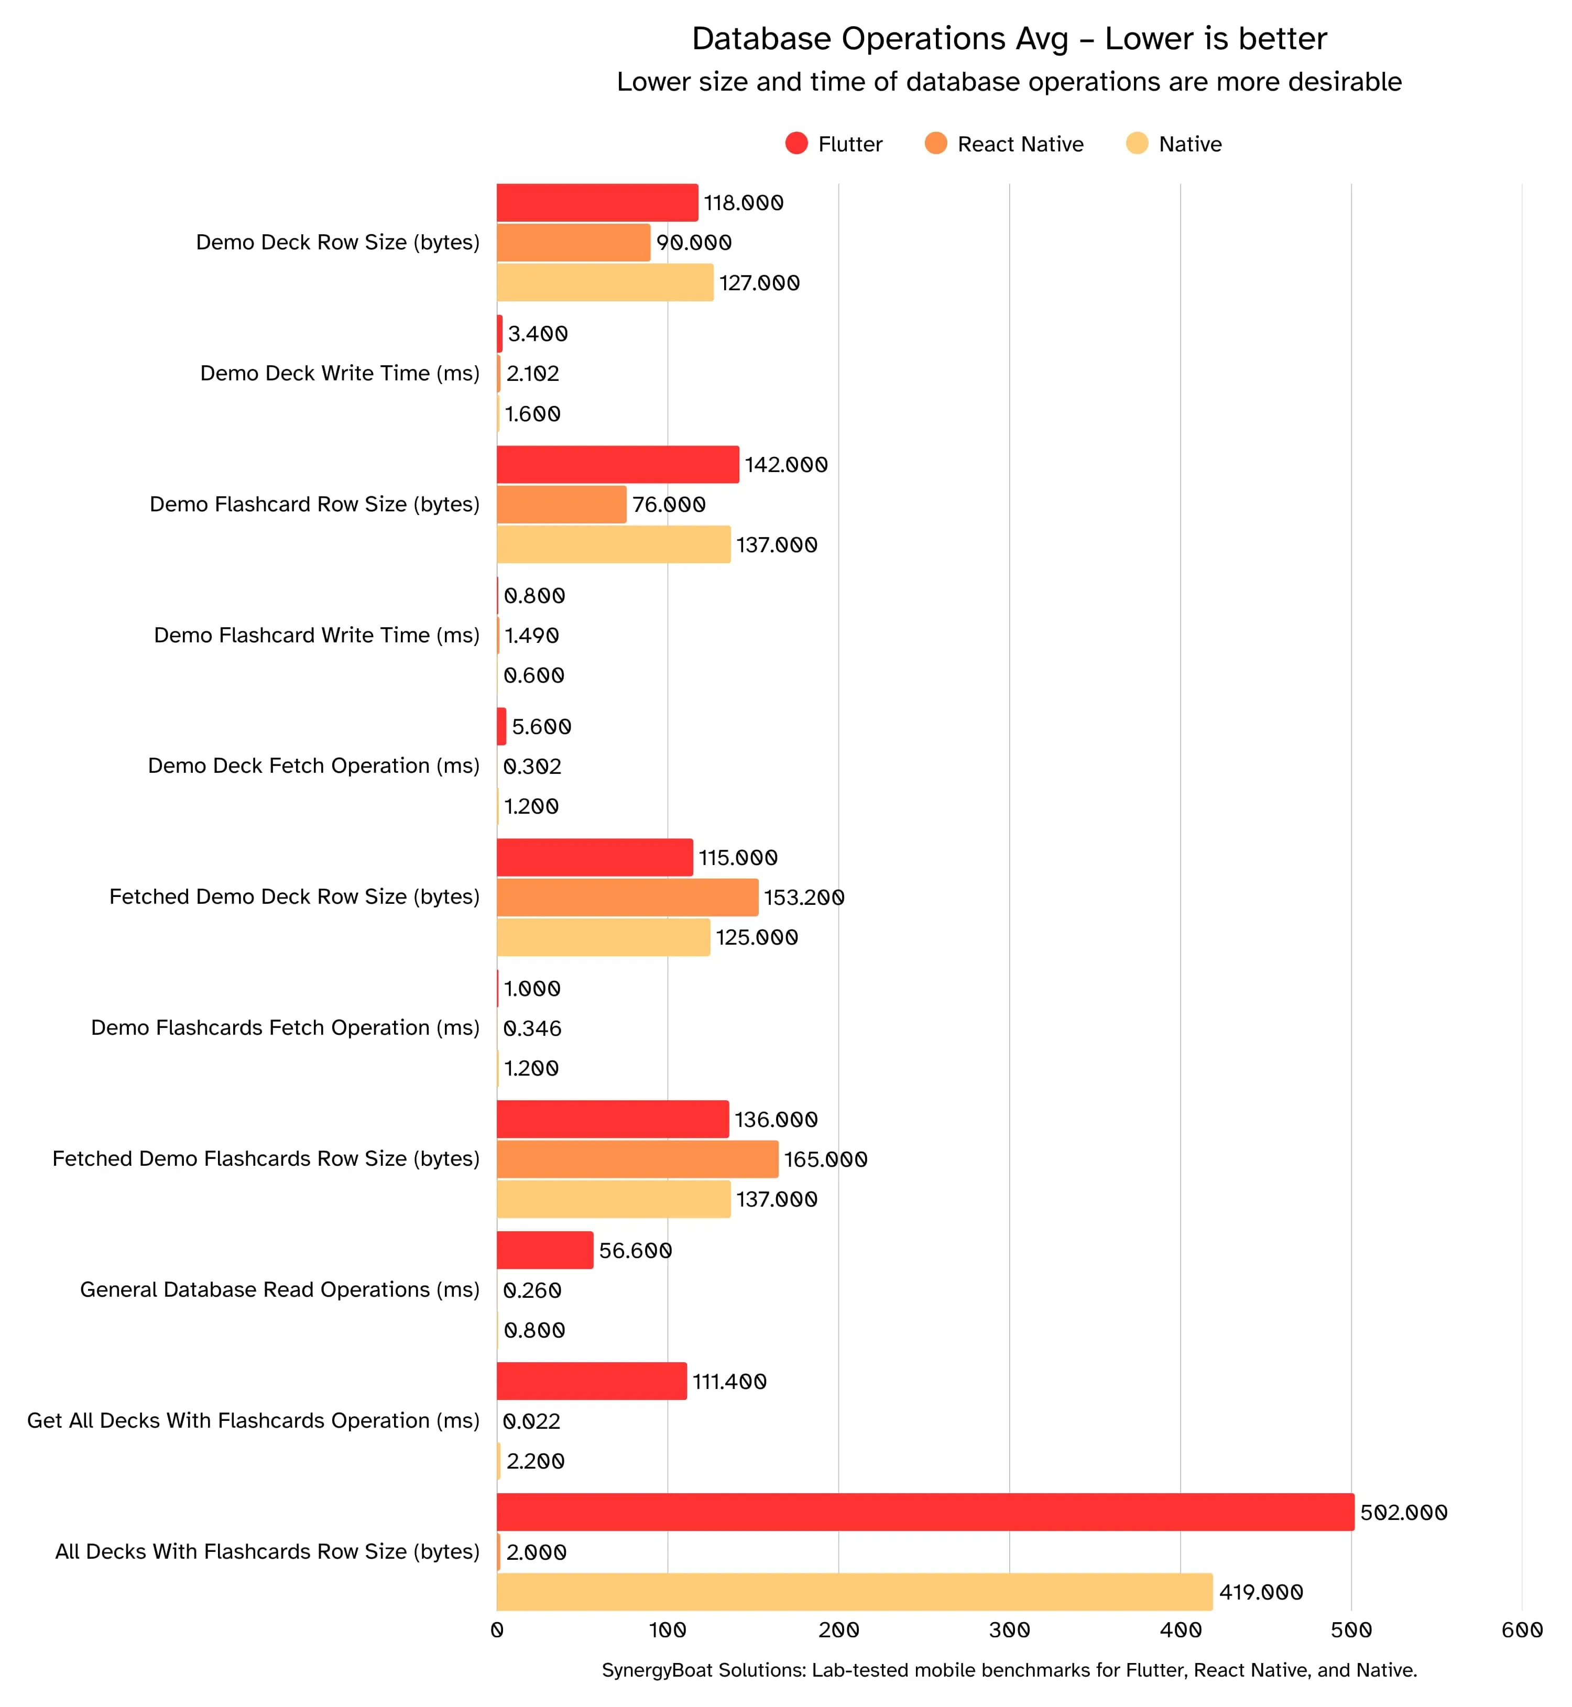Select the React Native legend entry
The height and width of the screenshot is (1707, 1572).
[1004, 144]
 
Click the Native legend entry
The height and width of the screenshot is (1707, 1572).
[1174, 144]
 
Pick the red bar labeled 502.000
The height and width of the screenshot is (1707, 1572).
[925, 1512]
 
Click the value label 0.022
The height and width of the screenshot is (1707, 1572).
[532, 1421]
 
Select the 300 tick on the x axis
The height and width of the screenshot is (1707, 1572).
[1010, 1631]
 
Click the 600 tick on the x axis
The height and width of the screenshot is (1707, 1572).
[1522, 1631]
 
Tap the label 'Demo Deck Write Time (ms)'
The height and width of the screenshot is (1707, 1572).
[340, 374]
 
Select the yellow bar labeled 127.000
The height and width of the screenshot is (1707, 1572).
[605, 282]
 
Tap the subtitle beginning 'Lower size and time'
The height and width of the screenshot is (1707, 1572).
[1008, 82]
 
